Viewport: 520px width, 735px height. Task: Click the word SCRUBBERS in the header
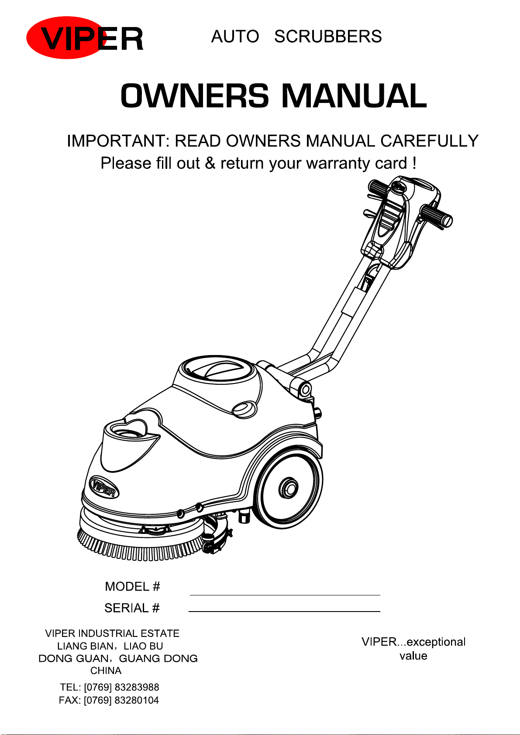click(328, 37)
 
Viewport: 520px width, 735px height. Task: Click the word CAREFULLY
click(429, 141)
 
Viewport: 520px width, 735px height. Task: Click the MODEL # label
click(132, 587)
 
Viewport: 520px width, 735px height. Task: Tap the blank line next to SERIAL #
click(284, 611)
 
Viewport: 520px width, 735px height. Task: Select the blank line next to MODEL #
click(285, 595)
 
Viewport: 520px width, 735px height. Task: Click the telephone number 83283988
click(137, 687)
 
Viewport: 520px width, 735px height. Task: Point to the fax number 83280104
click(137, 701)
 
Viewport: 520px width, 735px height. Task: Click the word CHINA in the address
click(106, 671)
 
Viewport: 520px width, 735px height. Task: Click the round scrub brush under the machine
click(140, 543)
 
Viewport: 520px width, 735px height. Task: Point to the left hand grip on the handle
click(379, 188)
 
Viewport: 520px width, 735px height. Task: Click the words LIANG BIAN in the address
click(85, 646)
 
